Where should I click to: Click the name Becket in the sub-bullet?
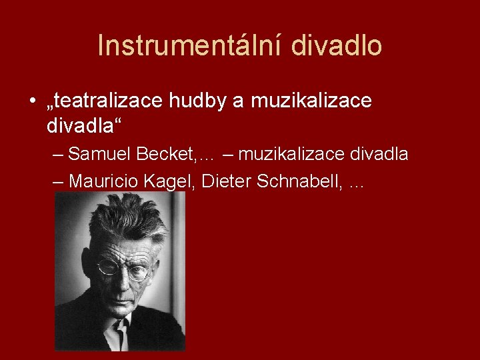[x=165, y=155]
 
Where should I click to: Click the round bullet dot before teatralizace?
[x=33, y=102]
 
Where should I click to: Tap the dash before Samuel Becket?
[x=58, y=155]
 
